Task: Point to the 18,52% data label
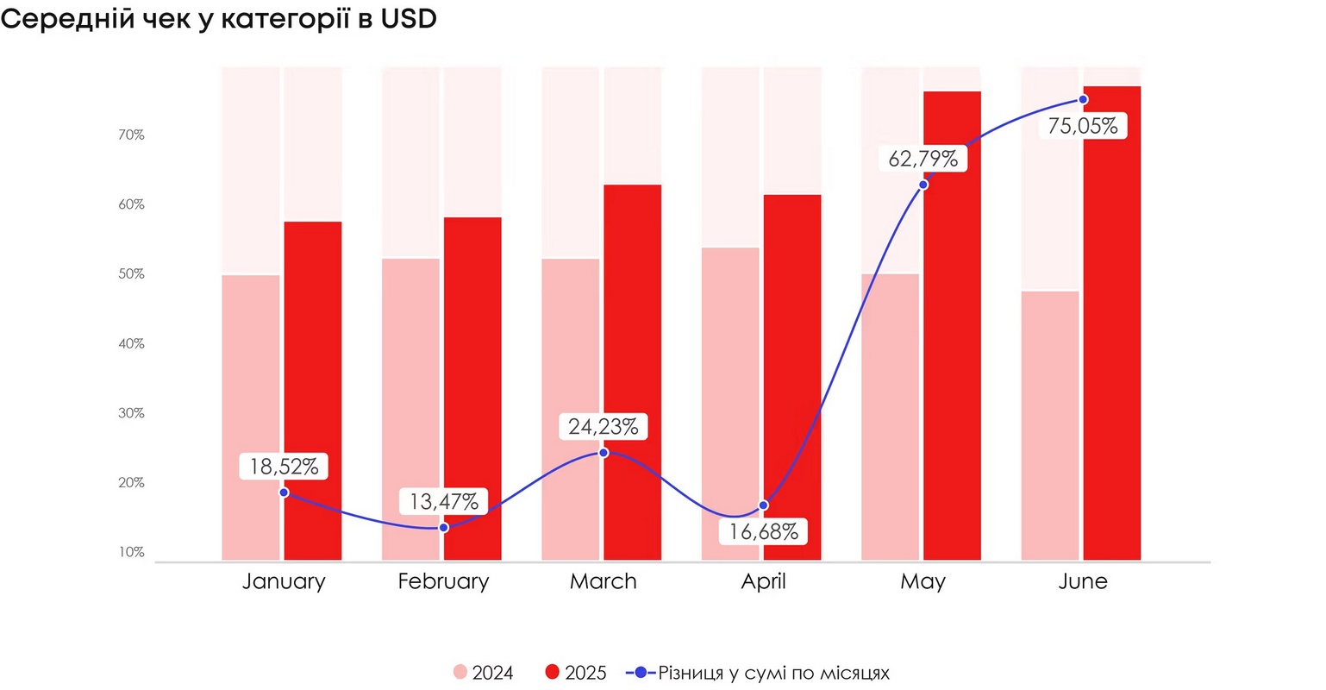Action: pos(285,467)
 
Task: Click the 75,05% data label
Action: pos(1083,127)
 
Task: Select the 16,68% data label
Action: pos(763,531)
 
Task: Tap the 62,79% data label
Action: pos(923,159)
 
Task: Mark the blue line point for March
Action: pos(604,453)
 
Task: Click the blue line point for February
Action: pos(444,527)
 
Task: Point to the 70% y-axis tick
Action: pos(131,135)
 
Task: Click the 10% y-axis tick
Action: pos(131,552)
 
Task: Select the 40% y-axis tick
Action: pos(131,343)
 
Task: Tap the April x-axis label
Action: pos(763,581)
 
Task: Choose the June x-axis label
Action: pos(1083,581)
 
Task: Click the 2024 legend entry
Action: pos(484,673)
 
